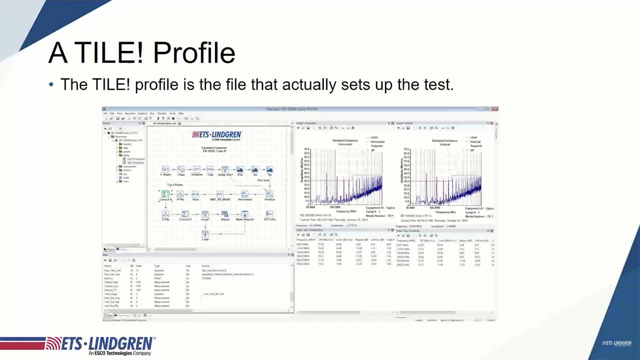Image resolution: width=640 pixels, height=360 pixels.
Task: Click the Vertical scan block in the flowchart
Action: pyautogui.click(x=269, y=195)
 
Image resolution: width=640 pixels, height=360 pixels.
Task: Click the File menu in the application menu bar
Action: pyautogui.click(x=106, y=114)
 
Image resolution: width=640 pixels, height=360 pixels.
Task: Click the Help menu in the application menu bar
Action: pyautogui.click(x=181, y=114)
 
